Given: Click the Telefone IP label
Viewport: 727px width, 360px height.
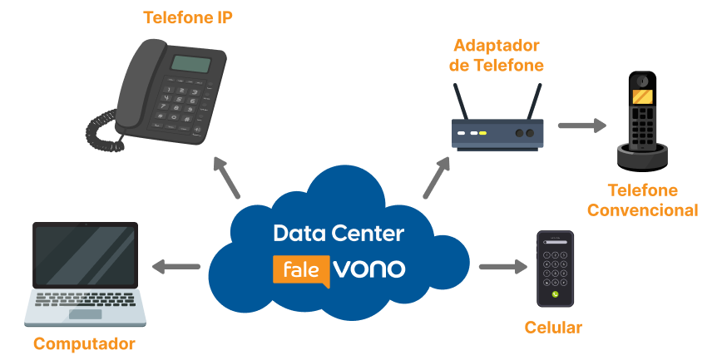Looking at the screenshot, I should click(x=188, y=17).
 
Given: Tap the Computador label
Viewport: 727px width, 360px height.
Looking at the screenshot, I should click(x=84, y=343).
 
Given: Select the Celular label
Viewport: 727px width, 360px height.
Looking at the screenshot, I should click(x=553, y=327).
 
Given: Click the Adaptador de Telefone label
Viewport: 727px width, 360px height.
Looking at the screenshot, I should click(x=496, y=55).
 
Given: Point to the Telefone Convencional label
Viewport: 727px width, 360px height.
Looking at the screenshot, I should click(x=642, y=200).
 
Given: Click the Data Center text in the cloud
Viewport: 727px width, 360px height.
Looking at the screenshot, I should click(x=339, y=234).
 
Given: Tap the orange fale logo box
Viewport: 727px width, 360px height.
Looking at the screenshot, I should click(x=300, y=270).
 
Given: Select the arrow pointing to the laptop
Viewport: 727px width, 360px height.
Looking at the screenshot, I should click(x=176, y=267).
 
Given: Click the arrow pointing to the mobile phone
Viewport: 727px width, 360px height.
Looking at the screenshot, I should click(x=503, y=267).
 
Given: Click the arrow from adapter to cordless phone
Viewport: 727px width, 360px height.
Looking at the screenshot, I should click(x=582, y=126).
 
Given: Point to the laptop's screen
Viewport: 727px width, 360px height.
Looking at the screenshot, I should click(x=85, y=254).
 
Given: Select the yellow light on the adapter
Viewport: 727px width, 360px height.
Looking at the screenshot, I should click(x=482, y=133).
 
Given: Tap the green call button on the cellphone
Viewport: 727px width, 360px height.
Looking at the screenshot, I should click(x=555, y=294).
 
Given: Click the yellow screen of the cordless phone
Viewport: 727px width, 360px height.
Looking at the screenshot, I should click(x=641, y=96).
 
